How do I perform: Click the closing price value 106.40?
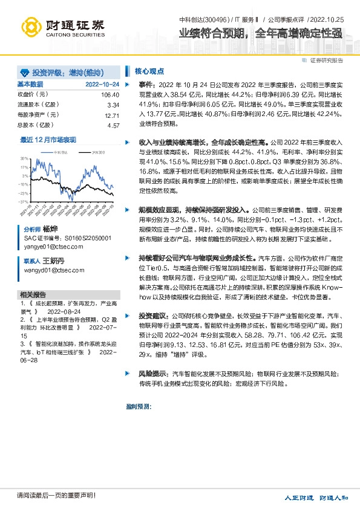tap(110, 95)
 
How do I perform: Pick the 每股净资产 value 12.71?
tap(112, 115)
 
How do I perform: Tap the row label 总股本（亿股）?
tap(33, 126)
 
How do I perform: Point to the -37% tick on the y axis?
tap(23, 202)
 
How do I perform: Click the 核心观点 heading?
tap(146, 70)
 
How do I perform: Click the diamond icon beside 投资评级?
tap(25, 71)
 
